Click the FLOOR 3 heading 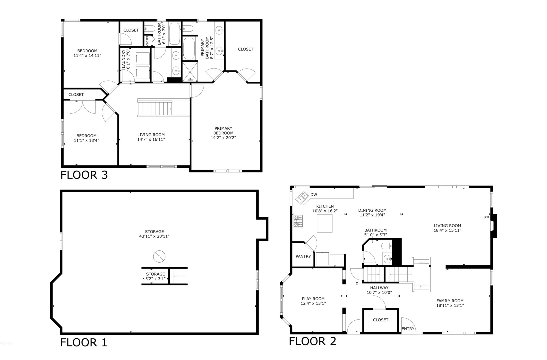[84, 175]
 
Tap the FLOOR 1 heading [84, 342]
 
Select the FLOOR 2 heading [312, 341]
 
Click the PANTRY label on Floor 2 [303, 256]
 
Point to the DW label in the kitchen [314, 195]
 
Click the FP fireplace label [486, 218]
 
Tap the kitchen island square [325, 223]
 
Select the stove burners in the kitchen [298, 221]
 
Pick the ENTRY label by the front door [408, 329]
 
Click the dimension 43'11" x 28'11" [154, 236]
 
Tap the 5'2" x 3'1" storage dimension [155, 279]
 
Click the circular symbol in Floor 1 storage [159, 256]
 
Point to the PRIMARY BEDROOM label [223, 131]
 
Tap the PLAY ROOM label [313, 299]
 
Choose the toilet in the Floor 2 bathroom [387, 246]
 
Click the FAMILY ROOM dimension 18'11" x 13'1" [450, 305]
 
